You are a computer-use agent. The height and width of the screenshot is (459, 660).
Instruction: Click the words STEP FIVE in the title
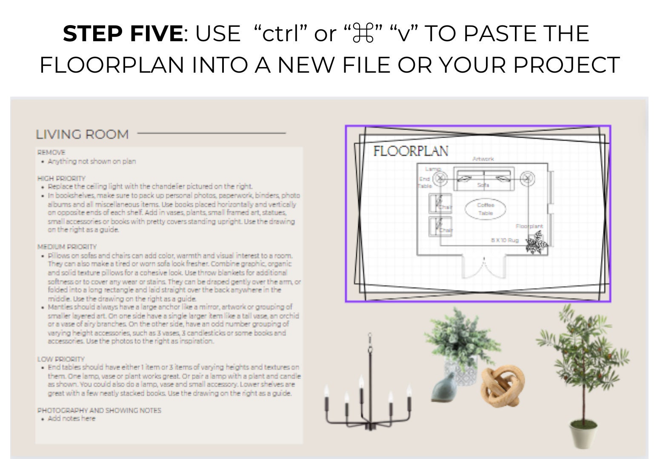[123, 34]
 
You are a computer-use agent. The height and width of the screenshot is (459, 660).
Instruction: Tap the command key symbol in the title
[363, 34]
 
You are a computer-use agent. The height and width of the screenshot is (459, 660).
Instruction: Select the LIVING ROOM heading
[82, 135]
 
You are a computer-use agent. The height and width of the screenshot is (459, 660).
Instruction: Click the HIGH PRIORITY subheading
[61, 178]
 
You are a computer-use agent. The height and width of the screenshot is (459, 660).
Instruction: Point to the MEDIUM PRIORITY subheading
[67, 247]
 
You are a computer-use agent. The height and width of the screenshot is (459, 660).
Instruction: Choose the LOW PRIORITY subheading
[61, 359]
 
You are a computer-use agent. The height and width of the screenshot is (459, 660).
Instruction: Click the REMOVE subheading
[51, 152]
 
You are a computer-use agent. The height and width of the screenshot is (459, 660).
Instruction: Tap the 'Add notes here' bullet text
[71, 419]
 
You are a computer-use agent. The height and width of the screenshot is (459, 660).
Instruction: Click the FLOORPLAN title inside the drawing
[411, 151]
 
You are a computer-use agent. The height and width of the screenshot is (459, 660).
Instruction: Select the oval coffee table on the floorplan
[485, 209]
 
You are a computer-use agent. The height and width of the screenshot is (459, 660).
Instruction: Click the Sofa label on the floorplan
[483, 185]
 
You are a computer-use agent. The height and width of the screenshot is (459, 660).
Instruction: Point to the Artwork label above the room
[483, 159]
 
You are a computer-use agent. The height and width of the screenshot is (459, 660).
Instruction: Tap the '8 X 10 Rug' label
[505, 241]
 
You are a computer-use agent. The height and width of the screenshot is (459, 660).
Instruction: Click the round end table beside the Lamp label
[440, 178]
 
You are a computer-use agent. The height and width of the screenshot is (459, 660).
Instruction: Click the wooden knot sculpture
[503, 385]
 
